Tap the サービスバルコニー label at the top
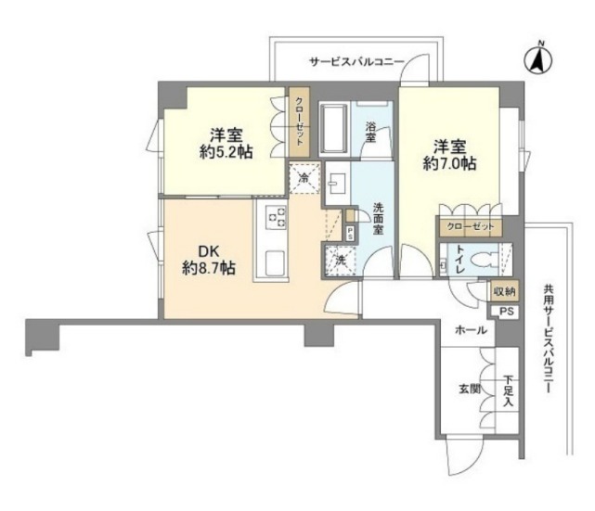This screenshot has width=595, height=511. coord(356,62)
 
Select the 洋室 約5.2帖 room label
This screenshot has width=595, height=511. coord(226,144)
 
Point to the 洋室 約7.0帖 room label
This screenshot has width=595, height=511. coord(450,155)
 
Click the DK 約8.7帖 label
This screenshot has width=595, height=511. coord(209,260)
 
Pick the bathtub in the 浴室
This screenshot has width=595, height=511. coord(334,129)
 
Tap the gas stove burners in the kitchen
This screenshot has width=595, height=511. coord(277,218)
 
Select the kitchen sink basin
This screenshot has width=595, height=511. coord(275,263)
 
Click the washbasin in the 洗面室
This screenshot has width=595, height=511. coord(337,184)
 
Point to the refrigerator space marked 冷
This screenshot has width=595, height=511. coord(304,178)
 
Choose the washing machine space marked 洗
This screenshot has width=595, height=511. coord(340,262)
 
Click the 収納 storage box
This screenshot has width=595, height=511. coord(505,291)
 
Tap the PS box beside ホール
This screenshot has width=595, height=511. coord(506,312)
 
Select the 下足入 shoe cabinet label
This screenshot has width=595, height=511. coord(509,390)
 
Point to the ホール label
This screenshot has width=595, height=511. coord(471,330)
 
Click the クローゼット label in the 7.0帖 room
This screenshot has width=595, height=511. coord(471,227)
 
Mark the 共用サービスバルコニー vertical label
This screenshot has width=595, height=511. coord(548,339)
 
